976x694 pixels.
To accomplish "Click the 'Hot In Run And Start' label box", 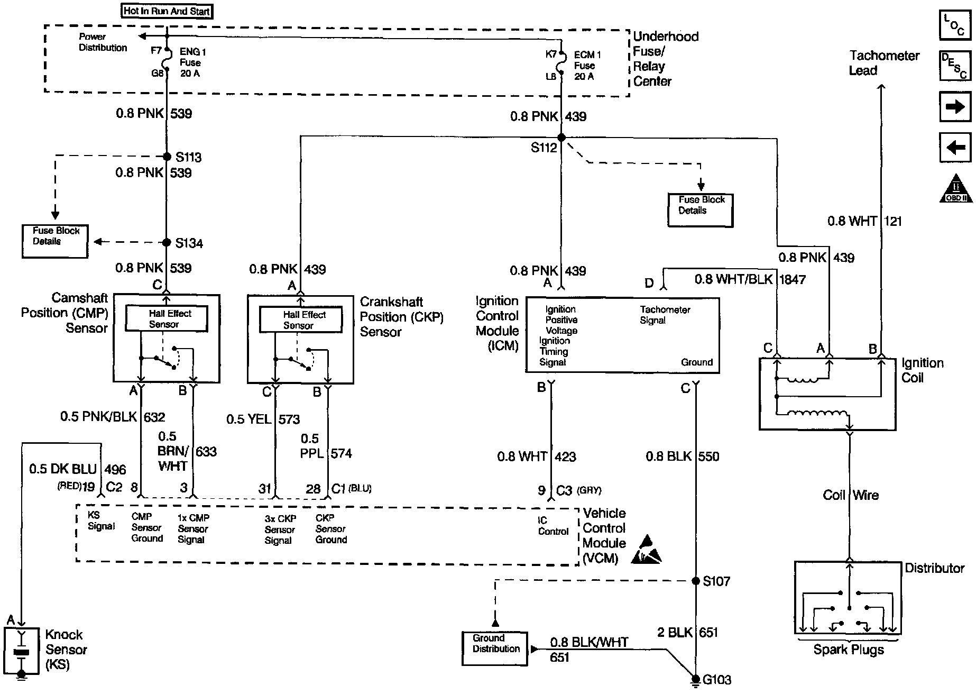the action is click(x=167, y=11).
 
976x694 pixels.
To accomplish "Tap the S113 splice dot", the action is click(x=167, y=157).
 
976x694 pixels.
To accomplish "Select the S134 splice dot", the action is click(x=167, y=243).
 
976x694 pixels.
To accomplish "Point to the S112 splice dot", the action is click(x=561, y=138).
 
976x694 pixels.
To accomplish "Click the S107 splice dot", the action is click(x=696, y=581).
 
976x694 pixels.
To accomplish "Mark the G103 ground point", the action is click(x=696, y=679).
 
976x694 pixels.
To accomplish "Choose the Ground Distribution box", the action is click(x=495, y=648).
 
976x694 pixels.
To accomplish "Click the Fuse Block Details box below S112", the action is click(x=701, y=211).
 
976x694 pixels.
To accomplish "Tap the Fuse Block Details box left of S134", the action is click(x=55, y=242).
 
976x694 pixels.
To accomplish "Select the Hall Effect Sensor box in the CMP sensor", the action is click(x=166, y=319).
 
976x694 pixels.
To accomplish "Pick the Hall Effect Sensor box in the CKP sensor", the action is click(x=300, y=320).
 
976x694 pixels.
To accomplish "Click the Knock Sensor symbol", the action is click(x=22, y=651).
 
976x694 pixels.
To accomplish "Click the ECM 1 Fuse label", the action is click(x=587, y=66).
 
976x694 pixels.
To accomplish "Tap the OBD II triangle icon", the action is click(x=955, y=188).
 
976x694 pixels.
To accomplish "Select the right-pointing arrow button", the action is click(x=955, y=107).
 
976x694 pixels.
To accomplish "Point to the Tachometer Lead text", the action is click(x=884, y=63).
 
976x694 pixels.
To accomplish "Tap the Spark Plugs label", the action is click(x=849, y=650).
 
